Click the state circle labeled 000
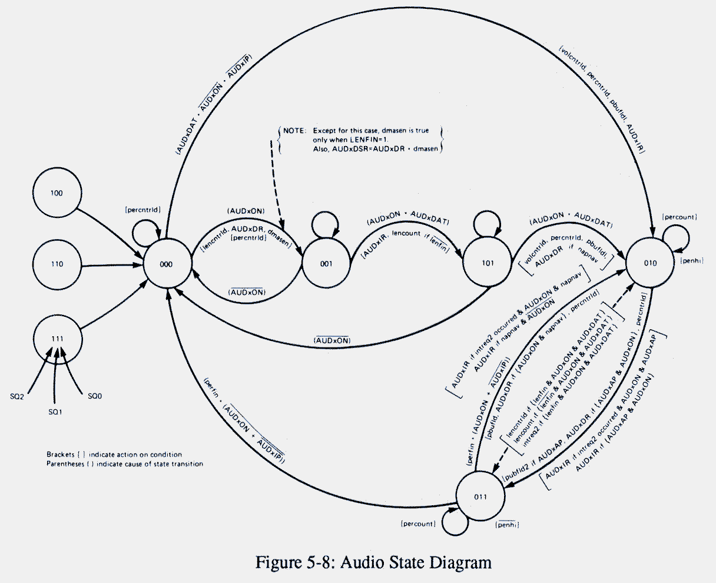[x=167, y=264]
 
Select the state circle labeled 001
[x=326, y=264]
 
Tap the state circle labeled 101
[x=487, y=264]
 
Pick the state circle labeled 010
[x=649, y=263]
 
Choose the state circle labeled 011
[x=480, y=497]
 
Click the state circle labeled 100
[x=57, y=193]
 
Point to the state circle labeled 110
[x=57, y=264]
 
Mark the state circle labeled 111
[x=57, y=337]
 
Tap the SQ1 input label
[x=55, y=412]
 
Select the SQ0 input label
[x=95, y=396]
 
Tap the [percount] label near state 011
[x=417, y=524]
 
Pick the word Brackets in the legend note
[x=61, y=455]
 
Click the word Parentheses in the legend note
[x=65, y=464]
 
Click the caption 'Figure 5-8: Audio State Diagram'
[x=373, y=562]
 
